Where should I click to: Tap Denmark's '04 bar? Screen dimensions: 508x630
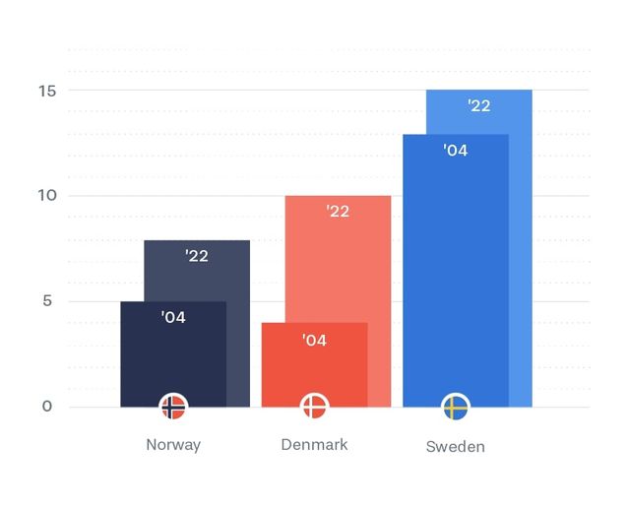(314, 369)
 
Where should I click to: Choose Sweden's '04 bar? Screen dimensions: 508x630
(456, 276)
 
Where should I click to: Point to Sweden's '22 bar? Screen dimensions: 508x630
(521, 246)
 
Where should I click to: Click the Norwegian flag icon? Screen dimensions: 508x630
(173, 406)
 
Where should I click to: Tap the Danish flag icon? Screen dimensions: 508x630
(314, 406)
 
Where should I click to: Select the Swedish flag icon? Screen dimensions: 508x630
(456, 406)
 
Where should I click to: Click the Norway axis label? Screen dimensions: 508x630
(173, 444)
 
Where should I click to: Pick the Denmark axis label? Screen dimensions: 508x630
(314, 444)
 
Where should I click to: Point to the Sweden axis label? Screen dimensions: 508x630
(456, 446)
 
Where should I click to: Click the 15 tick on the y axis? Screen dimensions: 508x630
(47, 91)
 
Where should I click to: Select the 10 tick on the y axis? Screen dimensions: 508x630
(47, 196)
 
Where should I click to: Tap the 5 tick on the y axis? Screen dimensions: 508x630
(47, 301)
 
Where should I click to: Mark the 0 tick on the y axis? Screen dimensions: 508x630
(47, 407)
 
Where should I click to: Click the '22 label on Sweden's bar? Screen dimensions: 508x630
(479, 106)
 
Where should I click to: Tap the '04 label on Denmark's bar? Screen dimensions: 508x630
(314, 341)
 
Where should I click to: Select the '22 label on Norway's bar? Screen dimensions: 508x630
(197, 256)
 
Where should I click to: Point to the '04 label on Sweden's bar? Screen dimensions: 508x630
(455, 151)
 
